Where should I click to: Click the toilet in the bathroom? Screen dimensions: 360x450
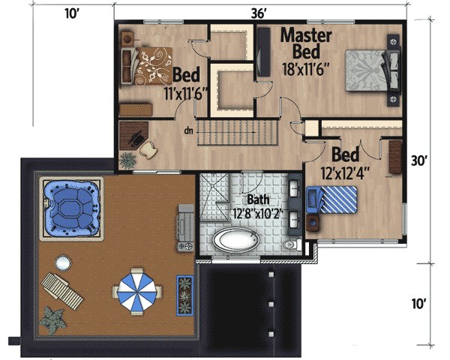(290, 244)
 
